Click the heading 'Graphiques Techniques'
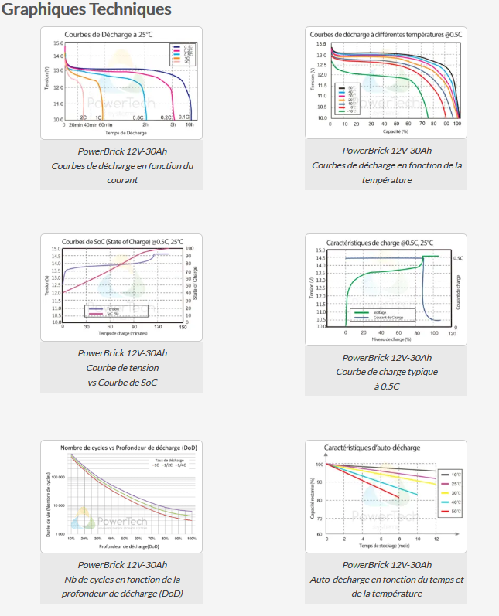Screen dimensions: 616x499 click(x=86, y=10)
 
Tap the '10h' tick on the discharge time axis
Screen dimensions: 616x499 click(x=190, y=124)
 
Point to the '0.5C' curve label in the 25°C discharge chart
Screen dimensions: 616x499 click(x=138, y=117)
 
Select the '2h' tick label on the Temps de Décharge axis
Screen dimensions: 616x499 click(x=145, y=124)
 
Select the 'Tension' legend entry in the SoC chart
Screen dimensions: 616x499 click(x=112, y=308)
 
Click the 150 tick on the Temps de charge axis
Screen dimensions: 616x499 click(x=183, y=328)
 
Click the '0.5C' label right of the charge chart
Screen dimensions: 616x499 click(x=458, y=258)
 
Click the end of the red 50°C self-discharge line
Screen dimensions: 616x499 click(x=399, y=497)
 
